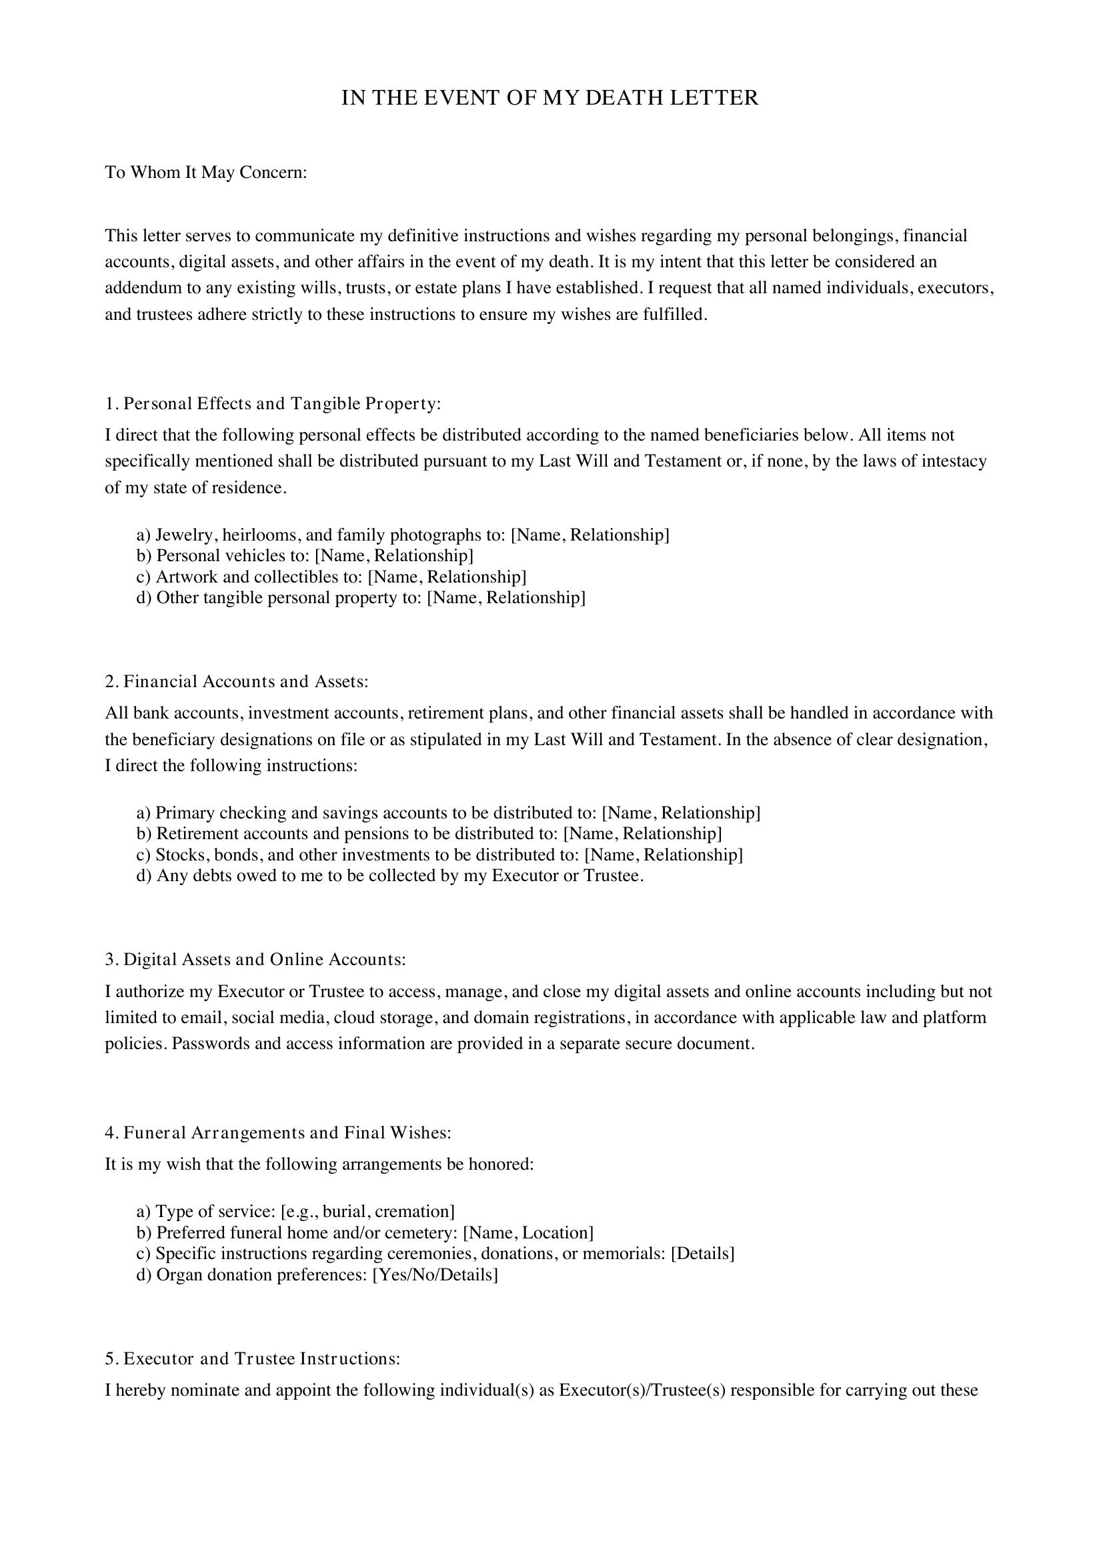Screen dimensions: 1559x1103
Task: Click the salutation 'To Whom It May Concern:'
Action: point(206,173)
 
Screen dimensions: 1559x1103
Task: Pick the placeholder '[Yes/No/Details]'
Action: point(435,1274)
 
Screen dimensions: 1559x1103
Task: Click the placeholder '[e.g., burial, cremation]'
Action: point(367,1211)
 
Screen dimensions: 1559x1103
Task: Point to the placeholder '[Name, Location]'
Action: point(527,1232)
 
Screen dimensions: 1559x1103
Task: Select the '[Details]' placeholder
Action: point(702,1254)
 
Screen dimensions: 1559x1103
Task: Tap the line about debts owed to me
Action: point(390,875)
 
